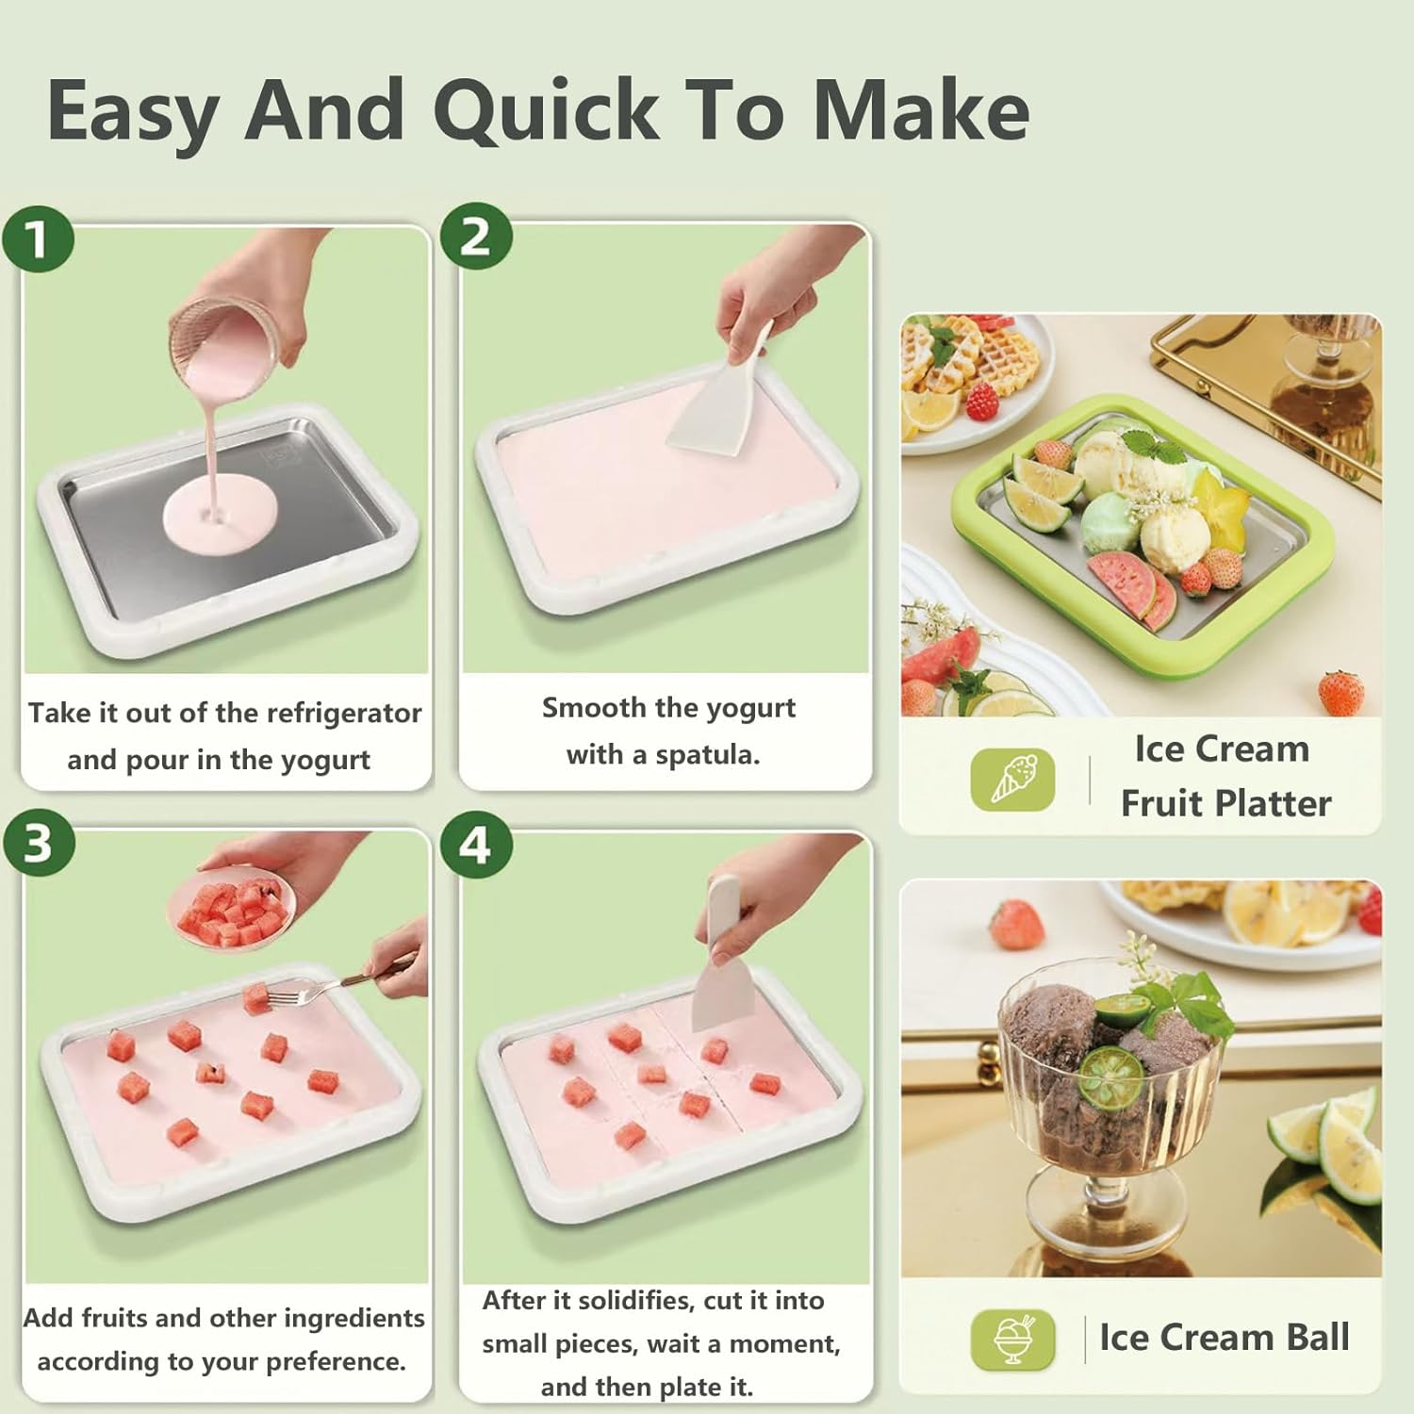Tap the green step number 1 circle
(38, 239)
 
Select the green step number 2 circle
(476, 236)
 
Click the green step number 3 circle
(38, 842)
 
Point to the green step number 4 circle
(475, 845)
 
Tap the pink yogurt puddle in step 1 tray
(221, 514)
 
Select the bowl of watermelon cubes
(232, 911)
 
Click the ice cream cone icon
(1012, 779)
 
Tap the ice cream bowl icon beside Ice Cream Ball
(1012, 1338)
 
